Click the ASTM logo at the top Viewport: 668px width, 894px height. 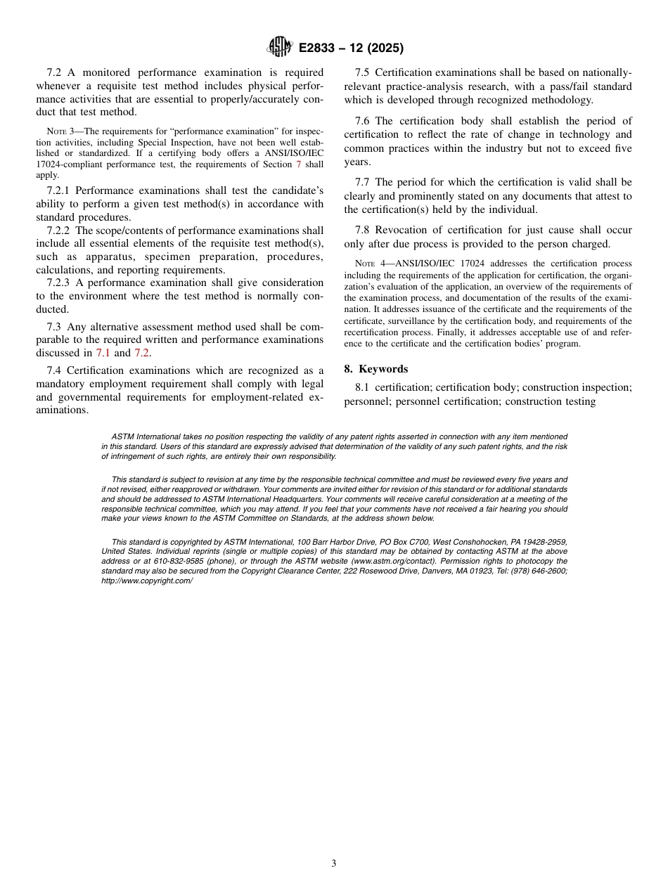click(279, 47)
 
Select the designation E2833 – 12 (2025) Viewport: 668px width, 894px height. click(351, 48)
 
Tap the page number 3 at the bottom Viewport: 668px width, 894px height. click(334, 864)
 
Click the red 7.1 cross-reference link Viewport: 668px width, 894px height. click(103, 353)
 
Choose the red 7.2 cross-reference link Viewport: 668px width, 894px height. click(141, 353)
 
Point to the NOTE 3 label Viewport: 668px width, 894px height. click(57, 131)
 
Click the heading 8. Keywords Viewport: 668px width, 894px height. click(375, 369)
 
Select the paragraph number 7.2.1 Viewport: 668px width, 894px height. click(60, 190)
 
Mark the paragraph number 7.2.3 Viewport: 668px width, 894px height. click(60, 283)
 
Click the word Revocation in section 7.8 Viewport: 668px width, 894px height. click(401, 230)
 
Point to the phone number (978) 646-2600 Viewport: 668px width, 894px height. click(540, 571)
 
